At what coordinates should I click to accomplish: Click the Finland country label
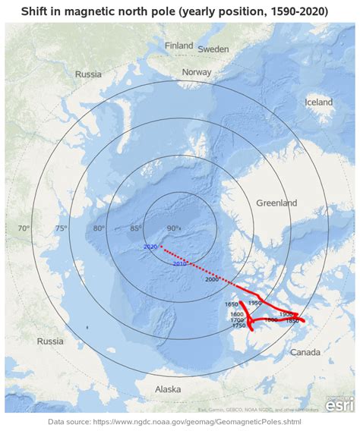179,46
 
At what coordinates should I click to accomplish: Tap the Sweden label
213,49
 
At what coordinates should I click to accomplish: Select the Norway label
197,72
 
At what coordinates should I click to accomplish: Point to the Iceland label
318,102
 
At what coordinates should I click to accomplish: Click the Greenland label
276,203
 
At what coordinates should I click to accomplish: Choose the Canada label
305,352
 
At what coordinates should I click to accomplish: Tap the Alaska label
168,389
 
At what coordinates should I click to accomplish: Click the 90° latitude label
173,228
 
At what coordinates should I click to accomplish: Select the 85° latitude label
136,228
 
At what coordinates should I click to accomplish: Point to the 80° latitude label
99,228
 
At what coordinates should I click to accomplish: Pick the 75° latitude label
62,228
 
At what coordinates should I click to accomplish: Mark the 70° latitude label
24,228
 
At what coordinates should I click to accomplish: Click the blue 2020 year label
150,247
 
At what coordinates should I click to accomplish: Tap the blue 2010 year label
180,264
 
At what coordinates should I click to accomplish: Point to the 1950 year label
254,303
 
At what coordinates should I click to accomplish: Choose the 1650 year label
232,305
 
